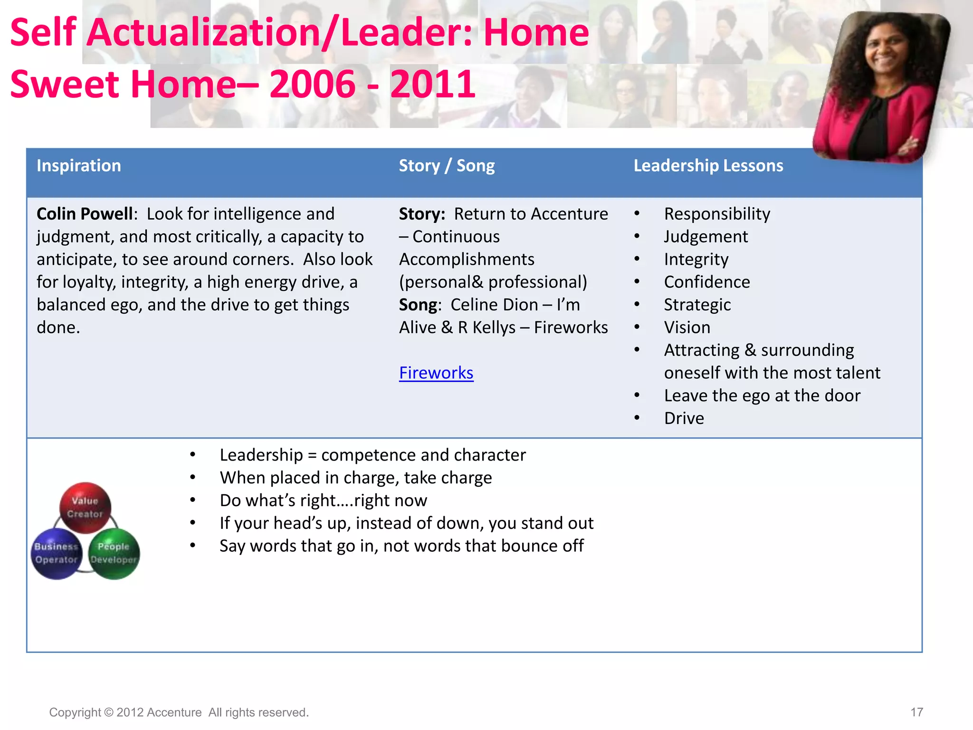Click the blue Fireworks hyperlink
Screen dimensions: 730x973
436,373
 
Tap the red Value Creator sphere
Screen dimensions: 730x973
85,507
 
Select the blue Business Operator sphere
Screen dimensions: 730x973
57,553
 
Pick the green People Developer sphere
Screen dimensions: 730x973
114,553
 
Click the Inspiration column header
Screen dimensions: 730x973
79,166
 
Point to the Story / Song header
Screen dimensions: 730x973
447,166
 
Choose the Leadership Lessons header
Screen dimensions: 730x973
708,166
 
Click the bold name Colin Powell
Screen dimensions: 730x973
84,214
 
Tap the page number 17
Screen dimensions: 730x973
916,712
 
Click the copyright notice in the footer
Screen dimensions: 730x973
179,712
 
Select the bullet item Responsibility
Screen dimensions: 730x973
717,214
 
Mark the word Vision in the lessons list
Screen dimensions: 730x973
687,327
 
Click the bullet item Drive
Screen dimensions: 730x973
684,418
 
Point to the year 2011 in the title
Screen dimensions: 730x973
432,84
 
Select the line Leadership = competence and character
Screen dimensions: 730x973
372,455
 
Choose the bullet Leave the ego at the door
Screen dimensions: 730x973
762,395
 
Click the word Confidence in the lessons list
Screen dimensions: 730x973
707,282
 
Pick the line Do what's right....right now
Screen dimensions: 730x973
323,500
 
